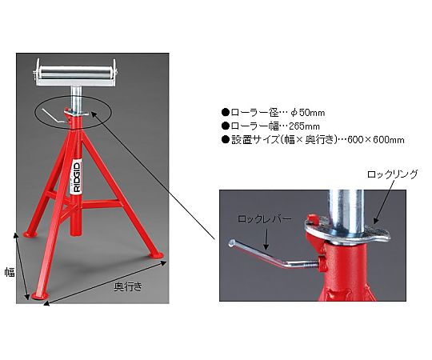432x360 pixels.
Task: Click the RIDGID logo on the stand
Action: (x=77, y=177)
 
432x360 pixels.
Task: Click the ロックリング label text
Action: (x=392, y=174)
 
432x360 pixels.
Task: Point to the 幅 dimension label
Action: (x=10, y=272)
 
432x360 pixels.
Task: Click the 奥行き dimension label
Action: (x=128, y=286)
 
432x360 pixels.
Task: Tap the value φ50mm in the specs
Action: (x=308, y=112)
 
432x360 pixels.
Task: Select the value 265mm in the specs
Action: (x=304, y=126)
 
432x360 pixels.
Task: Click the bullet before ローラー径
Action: (x=226, y=112)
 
